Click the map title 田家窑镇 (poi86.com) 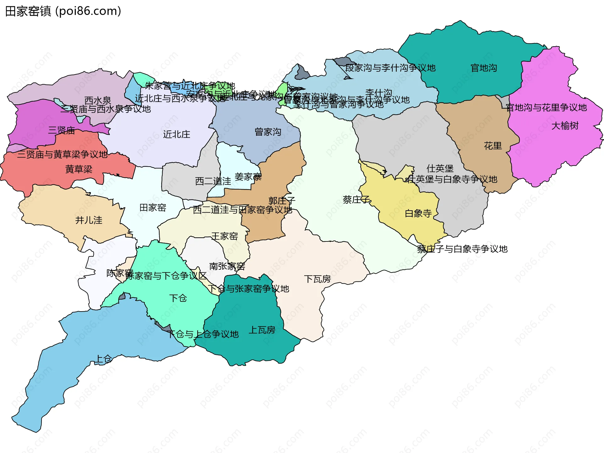coord(63,11)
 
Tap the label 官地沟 coord(484,68)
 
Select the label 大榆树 coord(565,126)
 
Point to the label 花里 coord(493,146)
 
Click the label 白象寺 coord(418,213)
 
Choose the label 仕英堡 coord(440,168)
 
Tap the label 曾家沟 coord(268,132)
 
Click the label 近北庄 coord(176,135)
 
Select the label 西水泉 coord(98,101)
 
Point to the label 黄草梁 coord(79,169)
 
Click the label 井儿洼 coord(89,220)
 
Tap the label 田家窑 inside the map coord(153,208)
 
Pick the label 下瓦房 coord(317,279)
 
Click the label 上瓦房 coord(262,330)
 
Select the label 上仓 coord(103,359)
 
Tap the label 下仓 coord(178,298)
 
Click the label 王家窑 coord(224,236)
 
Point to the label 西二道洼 coord(213,181)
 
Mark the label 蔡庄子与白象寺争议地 coord(462,249)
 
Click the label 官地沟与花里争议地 coord(546,108)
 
